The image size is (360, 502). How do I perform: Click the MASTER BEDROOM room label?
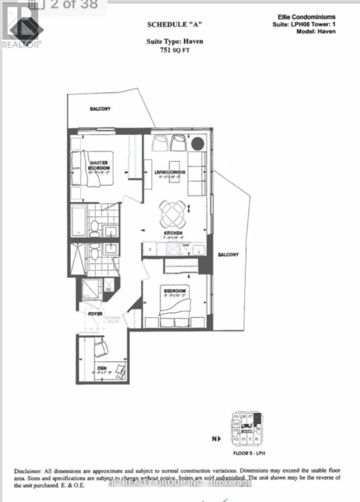[x=99, y=165]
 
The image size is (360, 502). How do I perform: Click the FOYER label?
[x=96, y=313]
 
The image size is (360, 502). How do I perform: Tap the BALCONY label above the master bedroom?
[x=100, y=109]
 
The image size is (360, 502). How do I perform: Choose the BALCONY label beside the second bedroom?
[x=228, y=255]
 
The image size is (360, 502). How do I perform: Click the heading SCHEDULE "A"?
[x=175, y=25]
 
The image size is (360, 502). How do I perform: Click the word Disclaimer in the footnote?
[x=28, y=471]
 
